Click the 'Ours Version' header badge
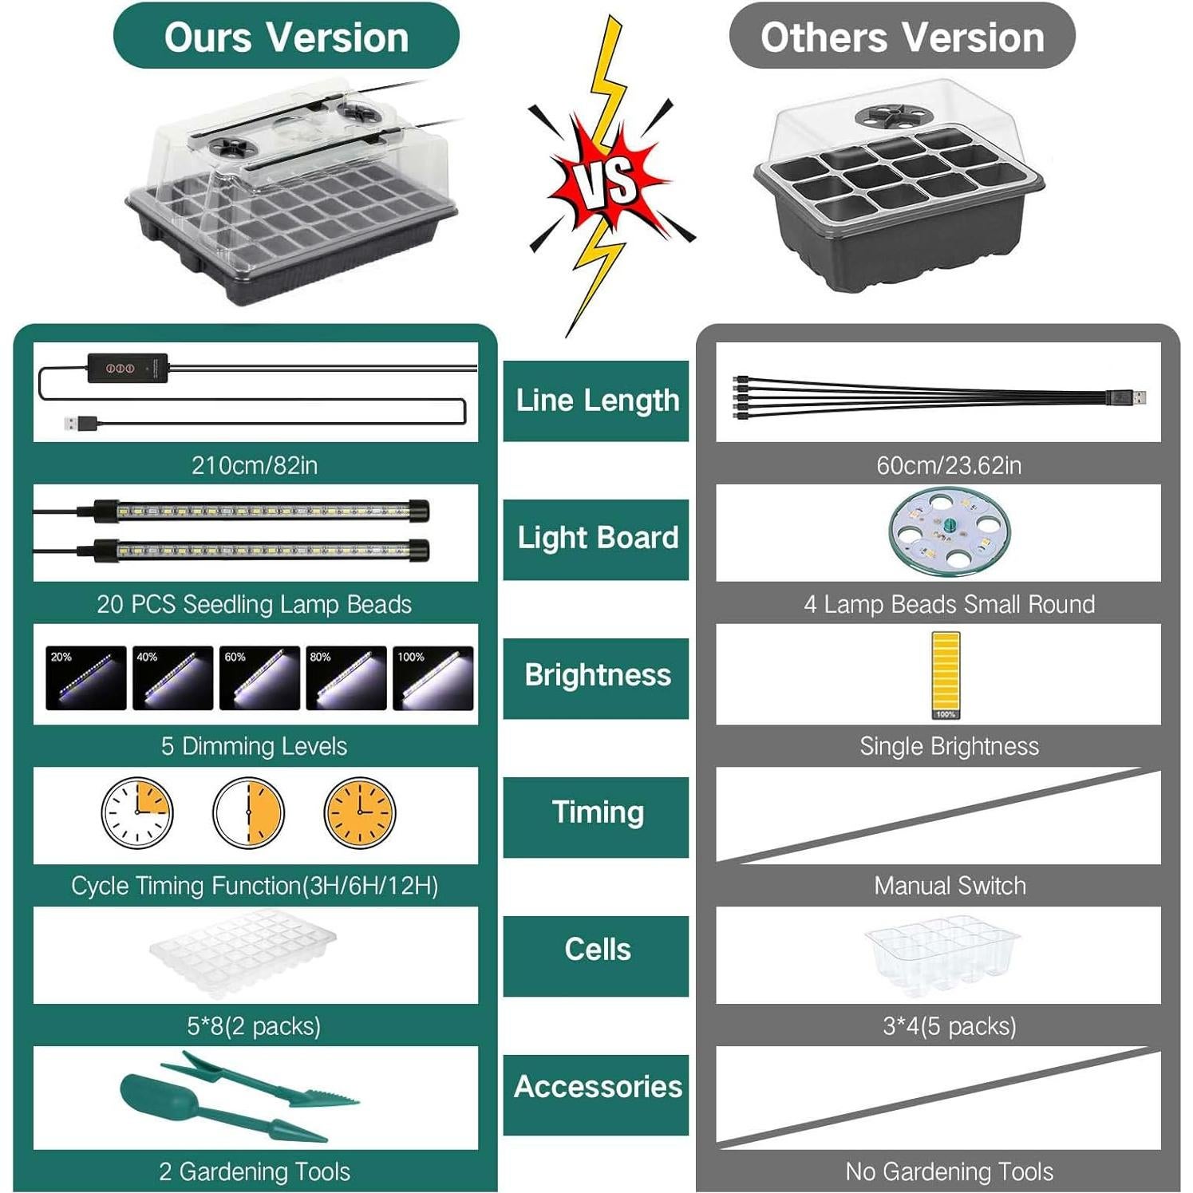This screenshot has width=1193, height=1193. pos(286,37)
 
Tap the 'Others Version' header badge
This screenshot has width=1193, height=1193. pos(902,37)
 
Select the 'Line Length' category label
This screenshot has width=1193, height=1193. pos(596,401)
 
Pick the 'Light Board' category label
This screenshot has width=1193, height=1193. pos(596,539)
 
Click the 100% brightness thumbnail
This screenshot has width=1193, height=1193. pos(433,677)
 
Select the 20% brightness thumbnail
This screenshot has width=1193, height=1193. pos(86,677)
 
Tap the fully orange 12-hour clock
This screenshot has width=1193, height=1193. pos(360,812)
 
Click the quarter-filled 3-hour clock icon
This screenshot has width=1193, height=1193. pos(137,812)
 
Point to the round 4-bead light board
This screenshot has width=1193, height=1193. pos(949,531)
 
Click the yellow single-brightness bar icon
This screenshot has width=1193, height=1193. pos(946,674)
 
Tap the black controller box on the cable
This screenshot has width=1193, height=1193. pos(128,367)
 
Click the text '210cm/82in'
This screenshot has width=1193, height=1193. pos(255,465)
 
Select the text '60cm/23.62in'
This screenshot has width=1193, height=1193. pos(949,465)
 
